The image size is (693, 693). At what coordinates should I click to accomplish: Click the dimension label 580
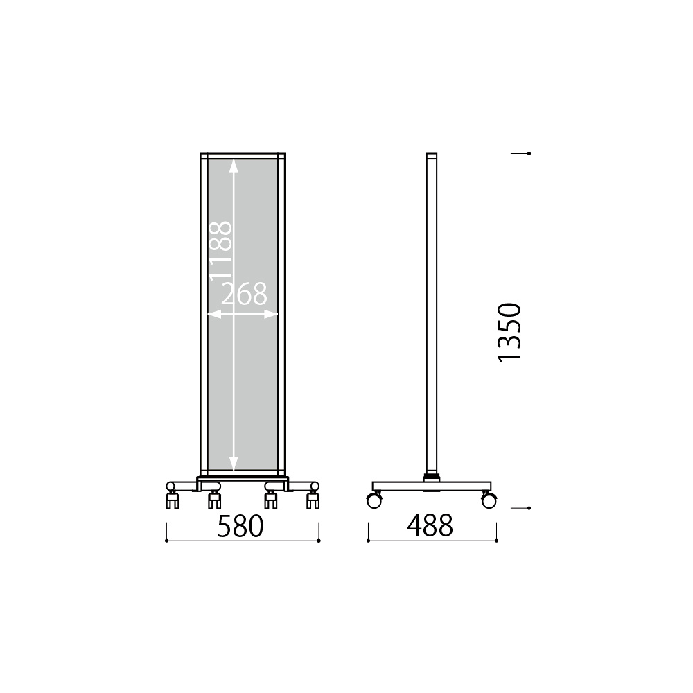point(240,526)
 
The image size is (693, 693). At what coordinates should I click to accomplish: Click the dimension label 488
point(430,526)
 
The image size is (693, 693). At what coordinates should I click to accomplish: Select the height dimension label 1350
point(509,333)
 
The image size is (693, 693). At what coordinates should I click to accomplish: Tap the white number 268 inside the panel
point(244,294)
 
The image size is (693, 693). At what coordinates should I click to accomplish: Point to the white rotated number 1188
point(220,251)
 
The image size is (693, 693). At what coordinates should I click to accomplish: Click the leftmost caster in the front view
point(172,495)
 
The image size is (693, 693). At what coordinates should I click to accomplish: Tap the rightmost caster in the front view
point(313,495)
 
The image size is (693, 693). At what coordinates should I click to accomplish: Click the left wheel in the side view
point(374,501)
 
